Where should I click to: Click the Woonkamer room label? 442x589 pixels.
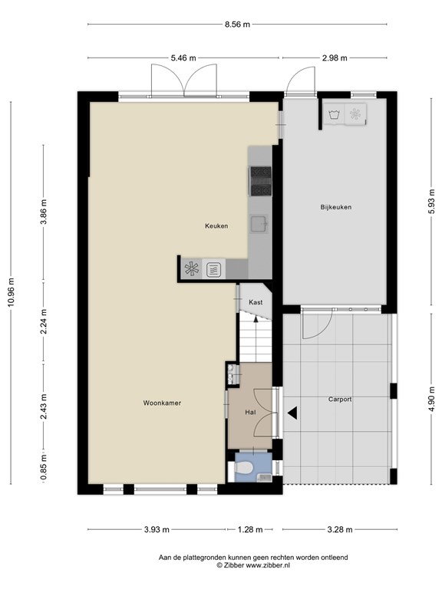point(162,403)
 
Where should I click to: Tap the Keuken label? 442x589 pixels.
point(216,225)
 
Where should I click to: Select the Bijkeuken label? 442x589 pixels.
point(336,207)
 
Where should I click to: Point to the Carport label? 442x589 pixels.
point(340,400)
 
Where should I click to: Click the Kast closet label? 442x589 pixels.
point(256,302)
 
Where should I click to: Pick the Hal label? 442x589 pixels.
point(250,412)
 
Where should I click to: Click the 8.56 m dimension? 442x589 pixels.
point(237,25)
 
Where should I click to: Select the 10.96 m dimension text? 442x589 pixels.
point(11,293)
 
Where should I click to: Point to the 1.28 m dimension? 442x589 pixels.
point(250,530)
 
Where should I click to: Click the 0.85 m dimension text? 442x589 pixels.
point(44,467)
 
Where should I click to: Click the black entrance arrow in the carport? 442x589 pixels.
point(292,413)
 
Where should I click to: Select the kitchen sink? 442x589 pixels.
point(259,223)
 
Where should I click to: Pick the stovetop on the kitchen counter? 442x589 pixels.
point(261,181)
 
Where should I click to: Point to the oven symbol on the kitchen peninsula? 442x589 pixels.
point(214,269)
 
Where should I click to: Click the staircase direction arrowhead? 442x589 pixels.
point(256,319)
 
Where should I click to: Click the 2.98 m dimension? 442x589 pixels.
point(334,58)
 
